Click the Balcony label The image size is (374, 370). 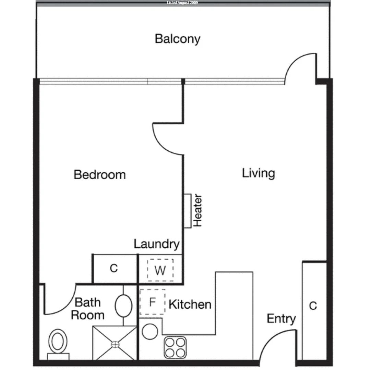click(177, 39)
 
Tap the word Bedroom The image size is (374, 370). click(100, 175)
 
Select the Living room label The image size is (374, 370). click(258, 173)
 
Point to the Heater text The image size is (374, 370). click(198, 211)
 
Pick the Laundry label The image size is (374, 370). click(157, 244)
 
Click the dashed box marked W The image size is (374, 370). click(160, 270)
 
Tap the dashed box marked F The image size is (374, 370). click(153, 302)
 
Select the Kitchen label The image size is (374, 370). click(190, 304)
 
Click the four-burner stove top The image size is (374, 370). click(175, 347)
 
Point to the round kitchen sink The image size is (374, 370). click(150, 332)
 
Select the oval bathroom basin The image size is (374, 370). click(123, 306)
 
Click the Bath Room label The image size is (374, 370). click(88, 309)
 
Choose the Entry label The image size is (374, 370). click(281, 319)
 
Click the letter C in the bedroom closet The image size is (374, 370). click(114, 269)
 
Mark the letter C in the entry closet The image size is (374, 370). click(313, 306)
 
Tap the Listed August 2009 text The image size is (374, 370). click(182, 3)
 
